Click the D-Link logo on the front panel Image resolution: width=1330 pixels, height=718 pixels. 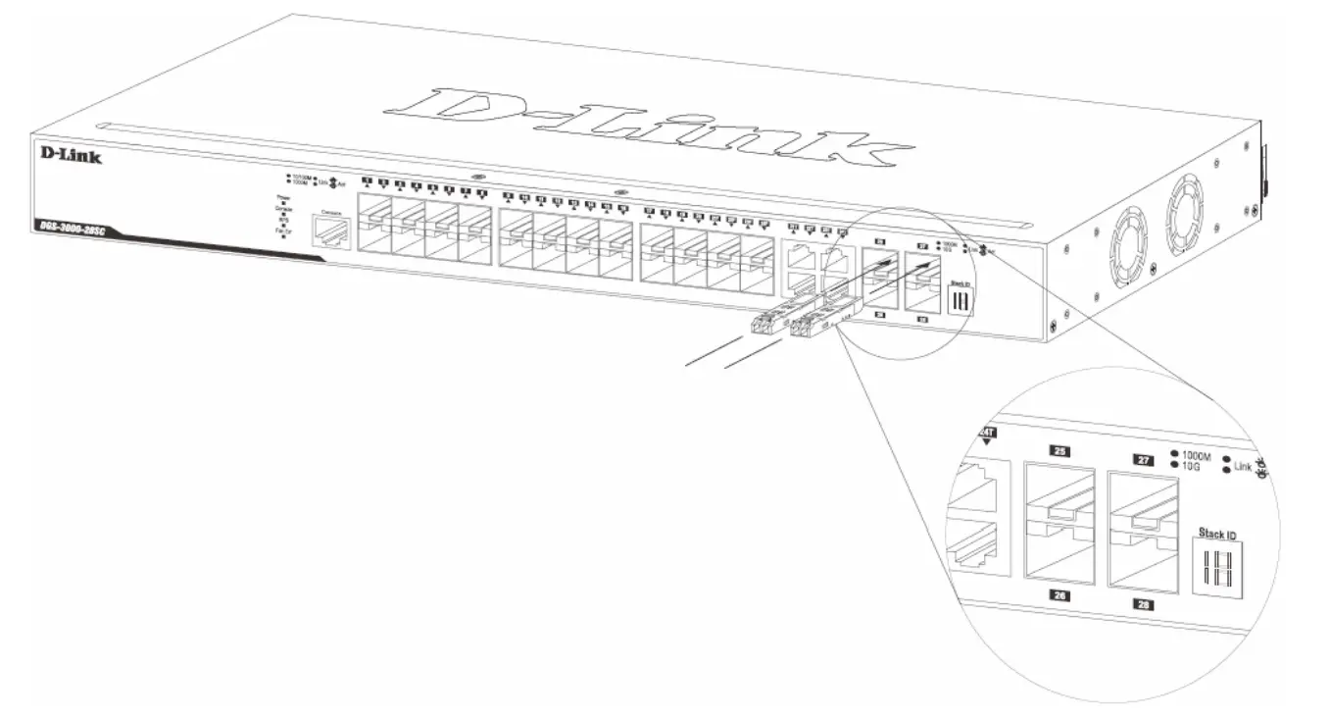[x=71, y=154]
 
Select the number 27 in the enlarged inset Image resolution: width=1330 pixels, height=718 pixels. [x=1142, y=459]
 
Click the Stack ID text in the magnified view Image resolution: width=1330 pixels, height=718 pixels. [x=1217, y=535]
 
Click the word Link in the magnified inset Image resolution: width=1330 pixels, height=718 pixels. [x=1243, y=467]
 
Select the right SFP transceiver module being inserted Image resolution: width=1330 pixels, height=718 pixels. [x=814, y=327]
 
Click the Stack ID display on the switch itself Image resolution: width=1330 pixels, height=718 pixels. [x=960, y=298]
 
